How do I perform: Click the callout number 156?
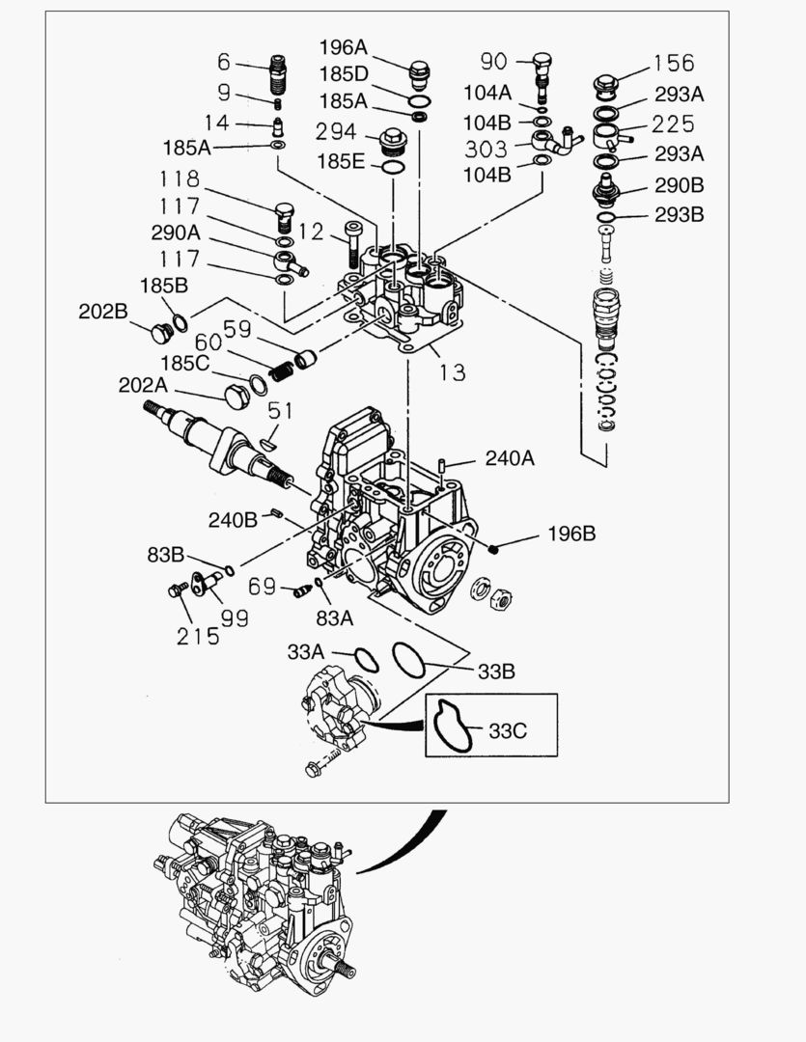pos(673,63)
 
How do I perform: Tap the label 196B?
pos(572,533)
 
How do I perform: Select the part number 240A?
pos(509,458)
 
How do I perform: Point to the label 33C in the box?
pos(507,730)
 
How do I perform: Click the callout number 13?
pos(452,371)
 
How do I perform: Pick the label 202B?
pos(103,312)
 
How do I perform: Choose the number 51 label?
pos(280,410)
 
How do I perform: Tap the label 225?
pos(673,124)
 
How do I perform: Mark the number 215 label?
pos(198,637)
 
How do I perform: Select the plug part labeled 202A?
pos(236,397)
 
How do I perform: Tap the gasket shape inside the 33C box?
pos(451,726)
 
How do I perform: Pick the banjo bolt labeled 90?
pos(542,73)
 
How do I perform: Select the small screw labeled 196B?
pos(493,549)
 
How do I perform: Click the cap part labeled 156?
pos(606,85)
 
